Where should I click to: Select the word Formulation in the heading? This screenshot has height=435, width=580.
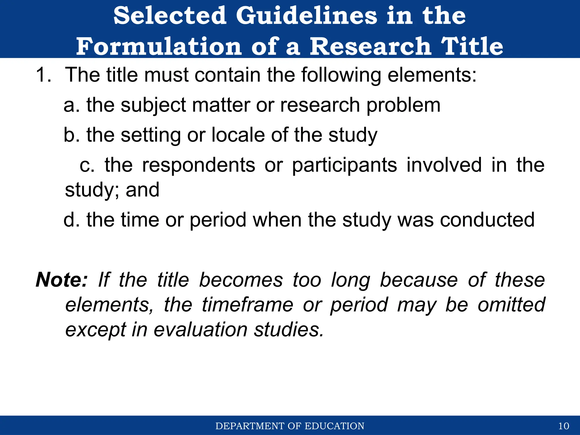[x=159, y=46]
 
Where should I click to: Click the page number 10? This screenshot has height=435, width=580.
[x=564, y=426]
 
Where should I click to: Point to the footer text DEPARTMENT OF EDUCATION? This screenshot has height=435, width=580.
[x=290, y=426]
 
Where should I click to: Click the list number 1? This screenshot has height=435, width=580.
[x=43, y=75]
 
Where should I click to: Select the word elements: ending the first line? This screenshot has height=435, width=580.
[x=432, y=75]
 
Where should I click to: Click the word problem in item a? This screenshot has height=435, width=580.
[x=403, y=105]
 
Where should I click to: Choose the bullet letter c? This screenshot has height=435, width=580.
[x=86, y=165]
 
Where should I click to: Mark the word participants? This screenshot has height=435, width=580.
[x=344, y=165]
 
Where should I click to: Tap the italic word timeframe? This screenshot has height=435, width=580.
[x=247, y=305]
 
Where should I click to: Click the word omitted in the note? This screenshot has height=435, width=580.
[x=511, y=305]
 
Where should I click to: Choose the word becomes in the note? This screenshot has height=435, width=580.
[x=241, y=280]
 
